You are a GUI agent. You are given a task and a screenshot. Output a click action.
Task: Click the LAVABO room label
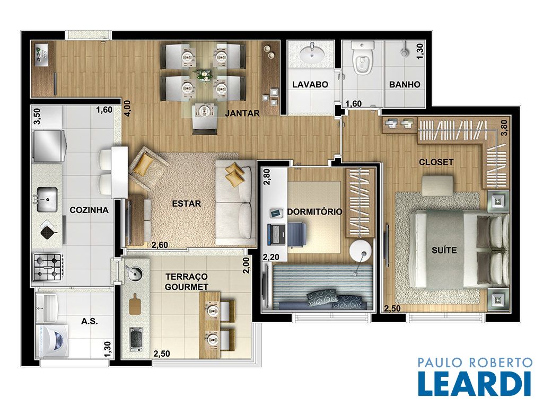click(310, 84)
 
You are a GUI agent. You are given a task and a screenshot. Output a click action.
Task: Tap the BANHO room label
click(405, 84)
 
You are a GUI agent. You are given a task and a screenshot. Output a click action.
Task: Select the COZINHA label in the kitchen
click(89, 210)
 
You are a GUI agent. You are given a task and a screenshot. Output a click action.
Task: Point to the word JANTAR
click(242, 113)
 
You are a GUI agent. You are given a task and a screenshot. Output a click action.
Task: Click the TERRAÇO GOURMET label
click(187, 282)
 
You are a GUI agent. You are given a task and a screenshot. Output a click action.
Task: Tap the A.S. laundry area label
click(89, 321)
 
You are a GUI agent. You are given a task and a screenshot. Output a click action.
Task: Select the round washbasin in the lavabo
click(312, 54)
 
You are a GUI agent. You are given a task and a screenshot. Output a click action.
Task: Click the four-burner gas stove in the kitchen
click(48, 267)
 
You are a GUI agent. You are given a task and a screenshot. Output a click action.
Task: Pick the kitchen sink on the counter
click(47, 199)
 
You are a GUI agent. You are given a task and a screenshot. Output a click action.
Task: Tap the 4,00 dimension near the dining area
click(127, 109)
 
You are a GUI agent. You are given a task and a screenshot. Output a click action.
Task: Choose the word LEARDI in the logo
click(475, 384)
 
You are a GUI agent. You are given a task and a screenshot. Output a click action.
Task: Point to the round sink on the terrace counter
click(134, 273)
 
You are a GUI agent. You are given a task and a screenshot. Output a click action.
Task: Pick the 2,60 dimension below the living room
click(160, 245)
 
